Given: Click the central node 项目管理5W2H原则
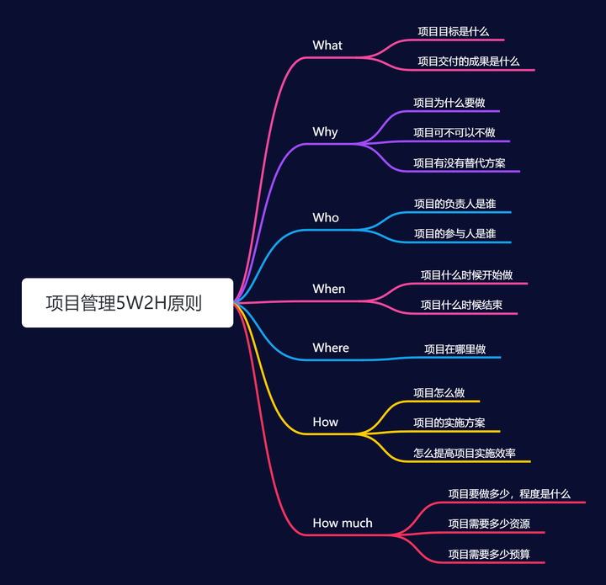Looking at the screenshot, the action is click(127, 303).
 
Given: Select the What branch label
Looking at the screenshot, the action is click(327, 45).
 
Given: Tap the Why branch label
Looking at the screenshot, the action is click(325, 132).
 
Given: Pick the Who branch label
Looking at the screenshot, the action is click(326, 218).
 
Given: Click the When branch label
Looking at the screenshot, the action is click(329, 289).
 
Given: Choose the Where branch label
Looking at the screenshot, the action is click(331, 348).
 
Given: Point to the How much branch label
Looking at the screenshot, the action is click(343, 523).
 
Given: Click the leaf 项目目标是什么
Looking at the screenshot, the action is click(453, 31).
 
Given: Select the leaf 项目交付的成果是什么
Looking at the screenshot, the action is click(469, 61).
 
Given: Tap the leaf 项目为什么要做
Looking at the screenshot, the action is click(449, 103).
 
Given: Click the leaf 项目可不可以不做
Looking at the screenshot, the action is click(454, 132).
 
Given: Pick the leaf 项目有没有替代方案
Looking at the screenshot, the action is click(459, 162).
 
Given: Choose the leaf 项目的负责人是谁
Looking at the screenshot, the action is click(454, 204).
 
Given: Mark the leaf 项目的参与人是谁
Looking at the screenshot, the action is click(454, 233).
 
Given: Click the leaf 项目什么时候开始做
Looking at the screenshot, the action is click(466, 275).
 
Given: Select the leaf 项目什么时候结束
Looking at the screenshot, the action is click(461, 305).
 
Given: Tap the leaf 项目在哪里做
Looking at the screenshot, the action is click(454, 348).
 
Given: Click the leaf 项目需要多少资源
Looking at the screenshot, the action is click(489, 524).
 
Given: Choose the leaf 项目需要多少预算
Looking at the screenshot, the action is click(489, 554).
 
